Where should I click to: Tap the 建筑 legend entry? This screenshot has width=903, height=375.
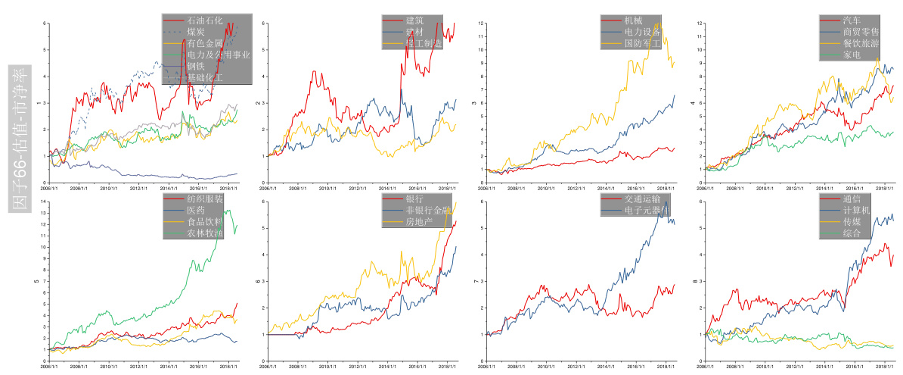coord(414,20)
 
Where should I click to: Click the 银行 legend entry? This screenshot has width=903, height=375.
coord(414,199)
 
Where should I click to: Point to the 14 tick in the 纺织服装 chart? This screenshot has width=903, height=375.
coord(45,202)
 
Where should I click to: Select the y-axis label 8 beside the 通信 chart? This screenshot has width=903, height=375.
coord(695,282)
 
